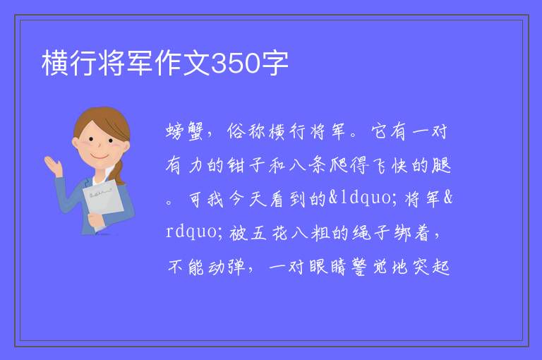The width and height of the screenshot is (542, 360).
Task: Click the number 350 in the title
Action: (236, 63)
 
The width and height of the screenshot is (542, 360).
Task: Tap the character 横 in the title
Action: (55, 63)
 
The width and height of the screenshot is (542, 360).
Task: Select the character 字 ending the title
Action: (275, 63)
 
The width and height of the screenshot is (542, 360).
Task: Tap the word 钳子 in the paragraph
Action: (246, 165)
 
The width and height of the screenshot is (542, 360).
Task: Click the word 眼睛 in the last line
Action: (327, 267)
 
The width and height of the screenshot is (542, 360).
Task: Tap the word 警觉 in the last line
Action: (369, 267)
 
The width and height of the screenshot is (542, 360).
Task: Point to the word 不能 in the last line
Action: (186, 267)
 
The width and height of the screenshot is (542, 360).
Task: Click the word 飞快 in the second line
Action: (390, 165)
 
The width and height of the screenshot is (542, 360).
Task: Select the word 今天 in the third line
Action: (248, 199)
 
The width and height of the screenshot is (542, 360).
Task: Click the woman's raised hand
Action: (52, 165)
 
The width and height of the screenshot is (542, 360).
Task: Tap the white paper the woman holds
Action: (103, 201)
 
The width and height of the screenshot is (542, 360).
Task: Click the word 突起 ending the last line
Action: (430, 267)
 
